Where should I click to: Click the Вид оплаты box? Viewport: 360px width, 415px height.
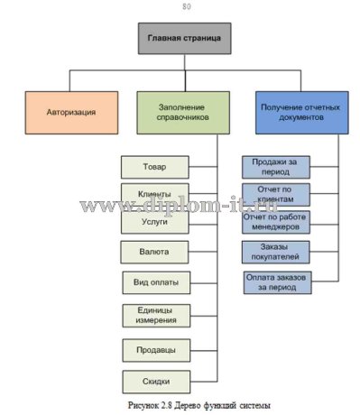point(155,282)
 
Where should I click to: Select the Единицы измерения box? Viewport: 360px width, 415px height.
point(155,315)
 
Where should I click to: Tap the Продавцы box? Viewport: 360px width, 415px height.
point(155,347)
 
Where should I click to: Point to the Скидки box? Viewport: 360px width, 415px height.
point(155,380)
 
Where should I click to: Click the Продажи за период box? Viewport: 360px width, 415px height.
point(276,166)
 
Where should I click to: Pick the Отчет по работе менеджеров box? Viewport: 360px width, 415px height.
point(276,220)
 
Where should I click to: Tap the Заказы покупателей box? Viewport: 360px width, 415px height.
point(276,252)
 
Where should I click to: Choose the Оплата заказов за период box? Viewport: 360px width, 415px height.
point(276,281)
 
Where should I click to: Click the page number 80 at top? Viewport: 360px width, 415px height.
point(186,7)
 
